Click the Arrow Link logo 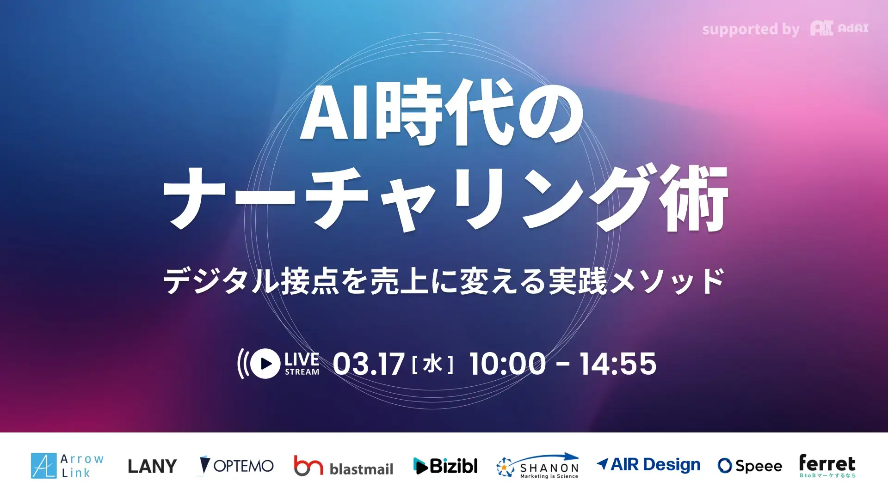click(68, 465)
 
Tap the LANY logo click(152, 466)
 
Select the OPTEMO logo click(236, 466)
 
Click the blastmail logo click(344, 466)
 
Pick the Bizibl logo click(445, 466)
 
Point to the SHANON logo click(537, 466)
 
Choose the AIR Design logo click(648, 464)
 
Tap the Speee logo click(750, 466)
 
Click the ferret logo click(827, 465)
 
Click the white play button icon click(265, 364)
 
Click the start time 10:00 click(507, 364)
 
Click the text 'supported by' click(750, 30)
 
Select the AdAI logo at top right click(839, 29)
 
